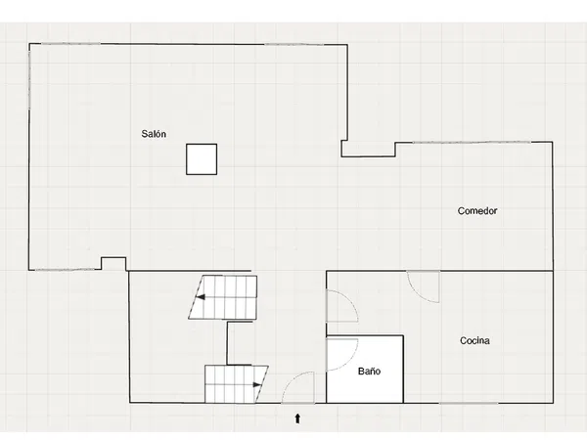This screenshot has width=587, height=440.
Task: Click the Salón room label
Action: click(x=154, y=134)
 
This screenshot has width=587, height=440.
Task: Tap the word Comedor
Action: click(x=477, y=210)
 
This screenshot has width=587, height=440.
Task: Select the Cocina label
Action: click(x=474, y=340)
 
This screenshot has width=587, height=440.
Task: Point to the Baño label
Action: click(x=369, y=372)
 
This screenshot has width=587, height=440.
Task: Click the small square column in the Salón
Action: click(x=202, y=159)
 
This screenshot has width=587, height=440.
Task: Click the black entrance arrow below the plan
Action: click(x=297, y=418)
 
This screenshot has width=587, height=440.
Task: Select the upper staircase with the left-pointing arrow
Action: click(x=223, y=297)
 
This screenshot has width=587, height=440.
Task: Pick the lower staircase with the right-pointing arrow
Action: click(x=236, y=384)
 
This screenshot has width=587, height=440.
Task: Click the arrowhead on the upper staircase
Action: click(x=201, y=297)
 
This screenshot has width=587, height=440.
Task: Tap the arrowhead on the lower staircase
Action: click(x=257, y=384)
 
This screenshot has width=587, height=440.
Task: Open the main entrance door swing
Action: click(x=298, y=387)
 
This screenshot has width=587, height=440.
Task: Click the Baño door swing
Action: click(x=342, y=355)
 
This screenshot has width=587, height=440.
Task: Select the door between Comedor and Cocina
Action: click(x=423, y=286)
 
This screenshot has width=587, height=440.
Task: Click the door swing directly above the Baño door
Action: click(x=342, y=306)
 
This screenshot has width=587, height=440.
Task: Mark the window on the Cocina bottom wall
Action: click(x=469, y=403)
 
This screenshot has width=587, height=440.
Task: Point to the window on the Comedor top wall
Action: click(x=471, y=142)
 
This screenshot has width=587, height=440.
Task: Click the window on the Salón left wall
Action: click(x=29, y=76)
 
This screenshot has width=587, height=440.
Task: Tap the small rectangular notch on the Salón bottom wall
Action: click(x=113, y=263)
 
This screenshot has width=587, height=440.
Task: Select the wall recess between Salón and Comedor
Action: click(x=369, y=149)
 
